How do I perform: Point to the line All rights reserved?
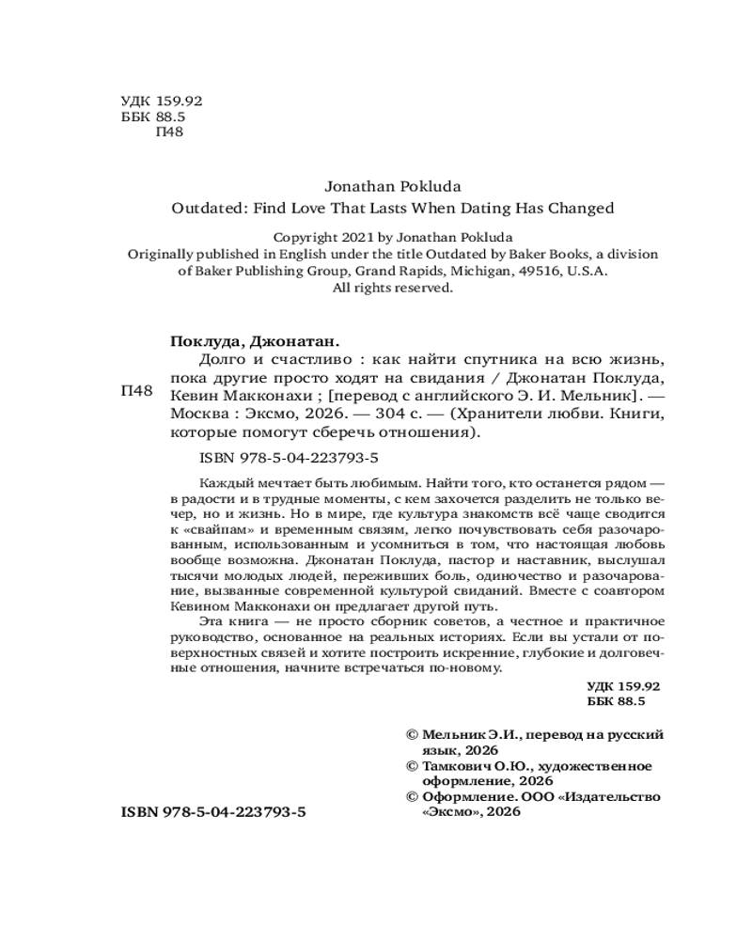393,289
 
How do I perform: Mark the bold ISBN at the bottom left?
214,810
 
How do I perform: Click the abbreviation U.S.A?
587,271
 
